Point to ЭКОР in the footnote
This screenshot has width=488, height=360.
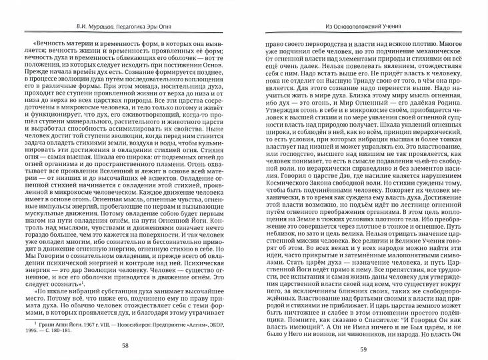coord(229,313)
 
